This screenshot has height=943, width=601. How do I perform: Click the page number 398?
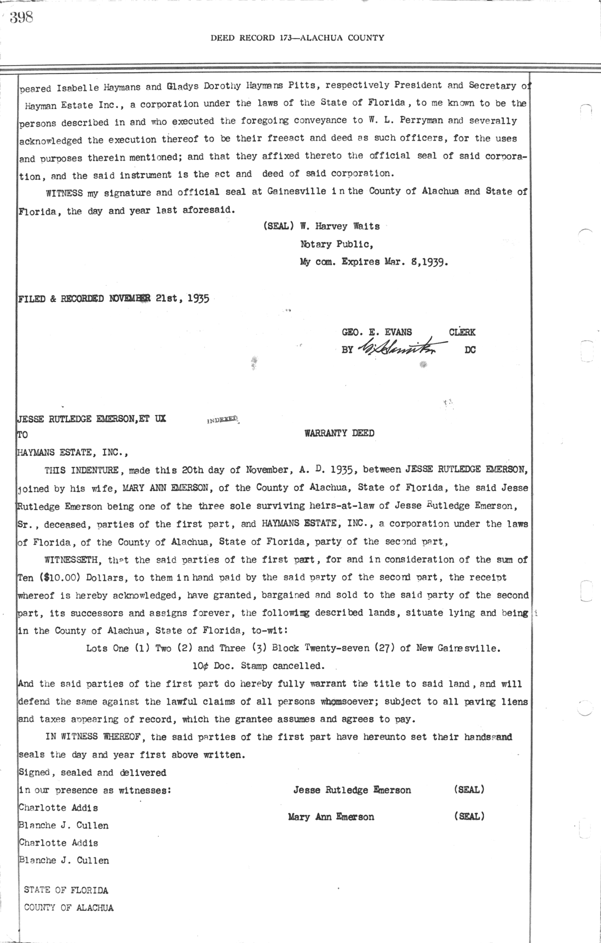[21, 18]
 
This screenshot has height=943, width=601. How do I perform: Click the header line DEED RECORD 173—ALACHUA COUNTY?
[297, 38]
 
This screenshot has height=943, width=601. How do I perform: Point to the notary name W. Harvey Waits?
[340, 226]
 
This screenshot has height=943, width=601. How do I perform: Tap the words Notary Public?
[336, 244]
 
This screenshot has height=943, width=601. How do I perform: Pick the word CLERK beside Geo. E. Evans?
[462, 332]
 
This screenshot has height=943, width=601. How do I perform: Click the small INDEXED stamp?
[223, 420]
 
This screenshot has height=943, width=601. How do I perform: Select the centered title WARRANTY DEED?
[339, 433]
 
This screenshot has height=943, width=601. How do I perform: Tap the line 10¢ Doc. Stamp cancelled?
[258, 666]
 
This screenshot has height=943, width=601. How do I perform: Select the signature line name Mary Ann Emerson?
[331, 817]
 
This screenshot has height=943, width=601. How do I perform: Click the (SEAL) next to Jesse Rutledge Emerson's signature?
[469, 789]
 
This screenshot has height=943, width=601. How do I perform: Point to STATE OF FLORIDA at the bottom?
[66, 890]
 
